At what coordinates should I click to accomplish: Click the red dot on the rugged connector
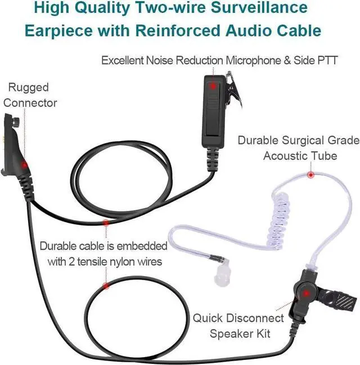[x=24, y=164]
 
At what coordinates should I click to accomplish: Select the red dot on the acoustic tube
[x=310, y=175]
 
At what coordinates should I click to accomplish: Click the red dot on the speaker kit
[x=304, y=293]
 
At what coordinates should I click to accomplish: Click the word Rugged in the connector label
[x=28, y=88]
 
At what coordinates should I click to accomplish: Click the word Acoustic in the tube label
[x=285, y=155]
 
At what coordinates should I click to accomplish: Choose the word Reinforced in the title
[x=210, y=29]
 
